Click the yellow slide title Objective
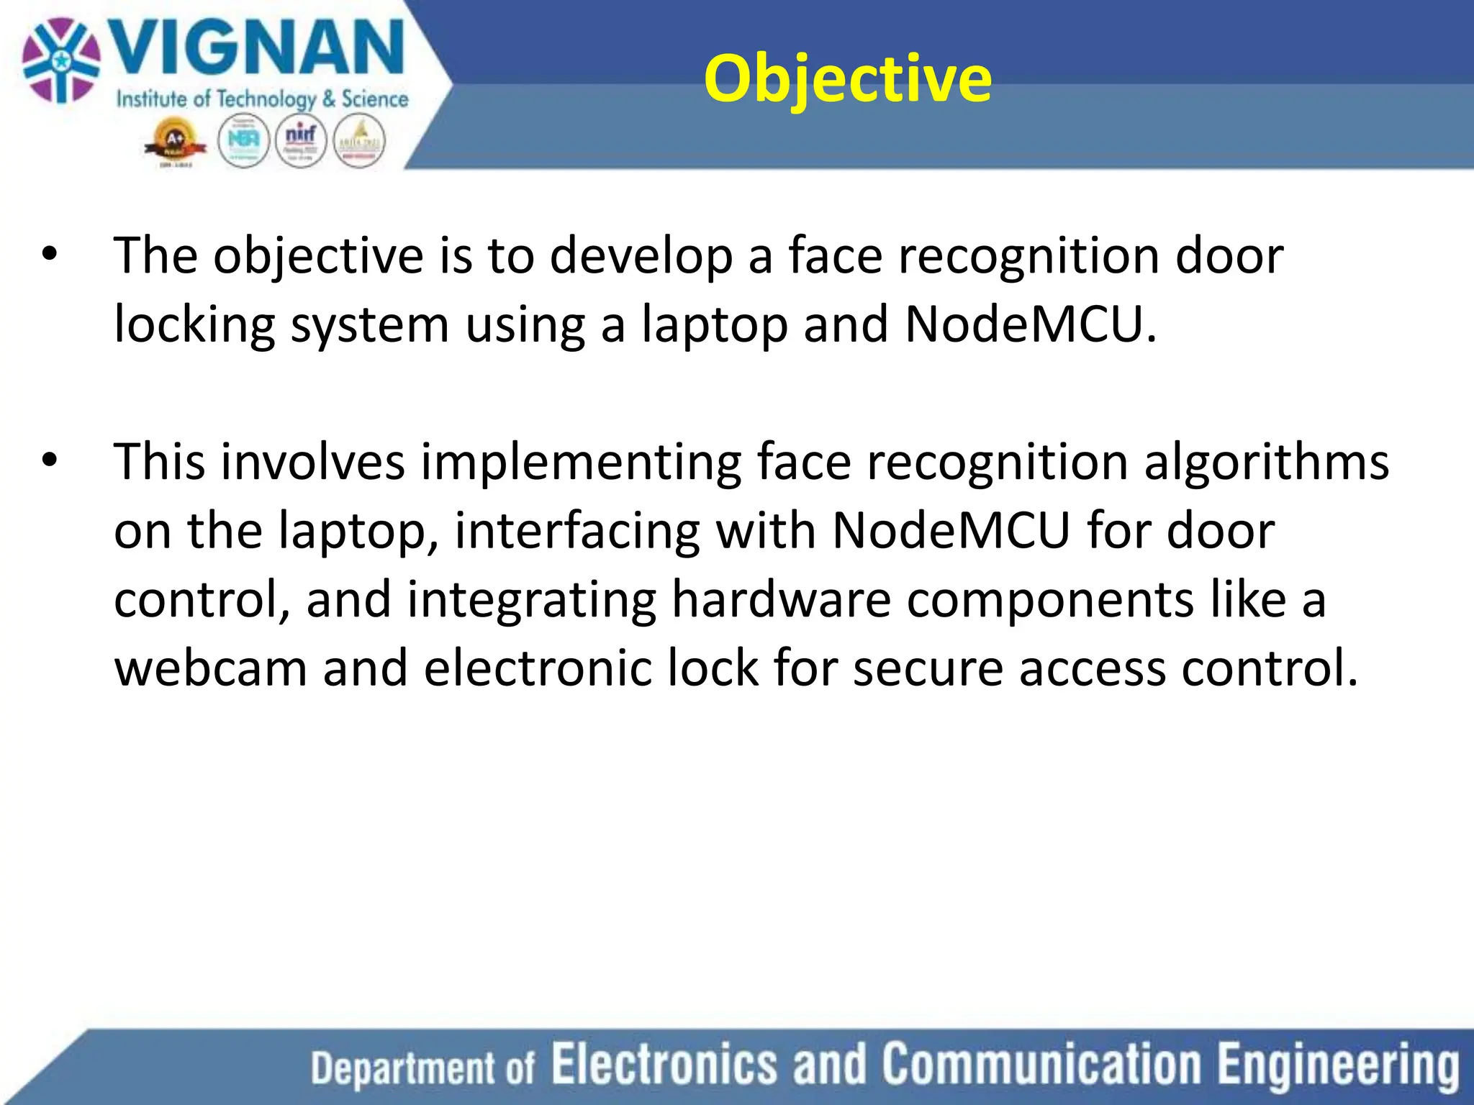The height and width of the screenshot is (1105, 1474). click(x=847, y=79)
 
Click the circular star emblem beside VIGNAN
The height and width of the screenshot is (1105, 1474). click(x=60, y=60)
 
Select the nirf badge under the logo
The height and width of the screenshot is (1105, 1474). click(x=301, y=141)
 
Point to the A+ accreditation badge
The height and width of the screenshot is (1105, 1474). click(x=175, y=142)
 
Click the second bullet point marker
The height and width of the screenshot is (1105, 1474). click(x=49, y=461)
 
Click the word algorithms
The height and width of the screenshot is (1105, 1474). click(x=1266, y=461)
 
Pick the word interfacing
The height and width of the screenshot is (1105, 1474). click(x=577, y=531)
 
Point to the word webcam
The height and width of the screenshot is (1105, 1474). click(x=210, y=668)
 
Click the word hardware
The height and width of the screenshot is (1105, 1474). click(x=781, y=599)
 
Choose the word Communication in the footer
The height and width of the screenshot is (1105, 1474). click(x=1042, y=1064)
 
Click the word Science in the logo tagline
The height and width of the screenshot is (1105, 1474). click(x=374, y=99)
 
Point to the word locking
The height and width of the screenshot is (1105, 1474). click(x=194, y=325)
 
